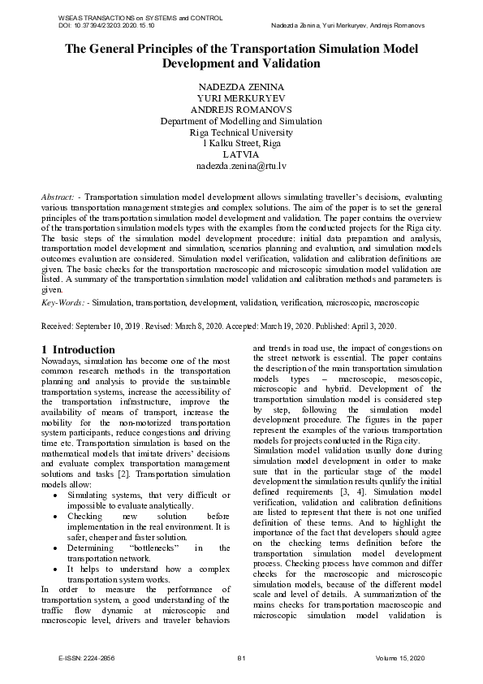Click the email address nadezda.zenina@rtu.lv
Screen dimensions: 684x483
[241, 166]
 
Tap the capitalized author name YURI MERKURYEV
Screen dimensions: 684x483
[241, 98]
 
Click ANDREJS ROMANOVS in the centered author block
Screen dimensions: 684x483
[241, 110]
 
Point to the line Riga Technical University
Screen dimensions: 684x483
[241, 132]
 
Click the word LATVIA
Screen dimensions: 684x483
[241, 154]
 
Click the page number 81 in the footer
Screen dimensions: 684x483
[241, 657]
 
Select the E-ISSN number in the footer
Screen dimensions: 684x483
[81, 657]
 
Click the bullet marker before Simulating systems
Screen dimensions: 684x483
[54, 495]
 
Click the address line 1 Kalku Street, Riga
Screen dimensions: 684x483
[241, 144]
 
